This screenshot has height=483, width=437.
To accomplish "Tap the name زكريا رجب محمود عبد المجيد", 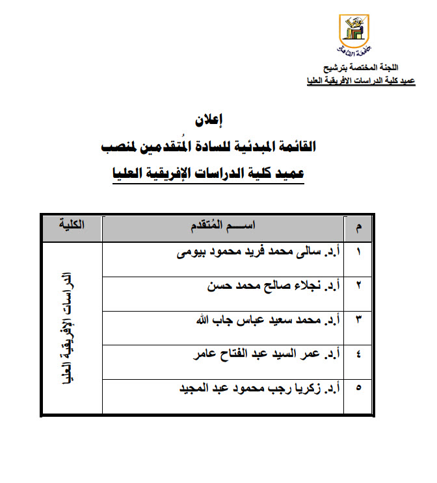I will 258,389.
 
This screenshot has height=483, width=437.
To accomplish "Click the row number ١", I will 360,253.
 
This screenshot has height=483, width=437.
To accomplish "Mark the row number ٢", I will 360,287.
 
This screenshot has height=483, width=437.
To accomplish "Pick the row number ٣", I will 360,321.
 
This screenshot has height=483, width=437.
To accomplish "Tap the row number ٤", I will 360,355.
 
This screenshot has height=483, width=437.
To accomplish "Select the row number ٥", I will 360,390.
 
